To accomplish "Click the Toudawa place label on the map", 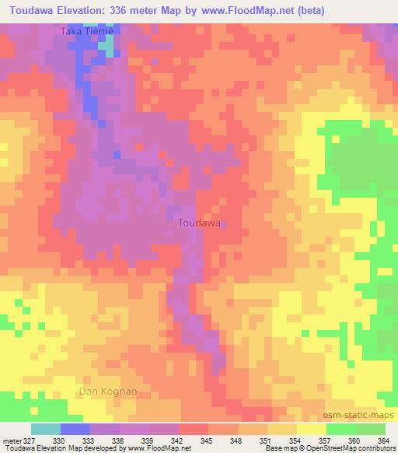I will point(200,223).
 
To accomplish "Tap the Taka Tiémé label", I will point(88,31).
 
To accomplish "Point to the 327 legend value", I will point(29,441).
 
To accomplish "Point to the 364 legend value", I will point(384,441).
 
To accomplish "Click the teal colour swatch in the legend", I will point(46,430).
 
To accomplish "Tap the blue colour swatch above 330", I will point(75,430).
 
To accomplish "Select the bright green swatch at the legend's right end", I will point(371,430).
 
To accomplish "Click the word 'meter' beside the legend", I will point(11,441).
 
